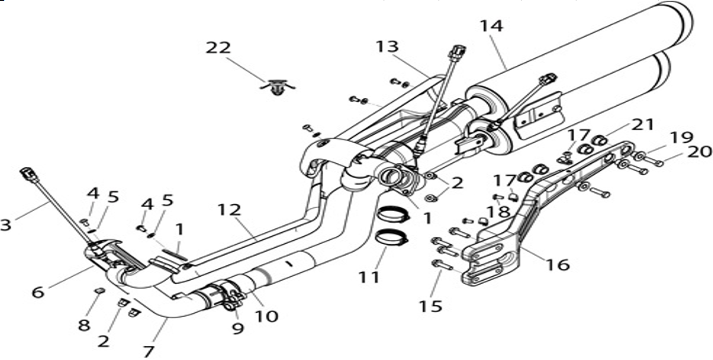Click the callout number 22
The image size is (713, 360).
(218, 48)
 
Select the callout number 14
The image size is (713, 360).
(491, 26)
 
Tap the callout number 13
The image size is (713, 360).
(387, 46)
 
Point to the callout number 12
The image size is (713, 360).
(228, 210)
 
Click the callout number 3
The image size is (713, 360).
(5, 224)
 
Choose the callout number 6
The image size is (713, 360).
(38, 292)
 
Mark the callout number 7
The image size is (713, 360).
(149, 351)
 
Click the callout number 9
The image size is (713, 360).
(238, 328)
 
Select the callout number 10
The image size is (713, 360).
(266, 316)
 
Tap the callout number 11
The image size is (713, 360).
(369, 276)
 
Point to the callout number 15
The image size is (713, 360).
(431, 307)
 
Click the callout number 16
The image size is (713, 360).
(558, 264)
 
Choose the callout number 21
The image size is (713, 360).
(643, 124)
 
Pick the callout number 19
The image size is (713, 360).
(681, 136)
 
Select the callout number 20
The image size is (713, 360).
(700, 152)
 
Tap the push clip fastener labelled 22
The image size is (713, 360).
(276, 87)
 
